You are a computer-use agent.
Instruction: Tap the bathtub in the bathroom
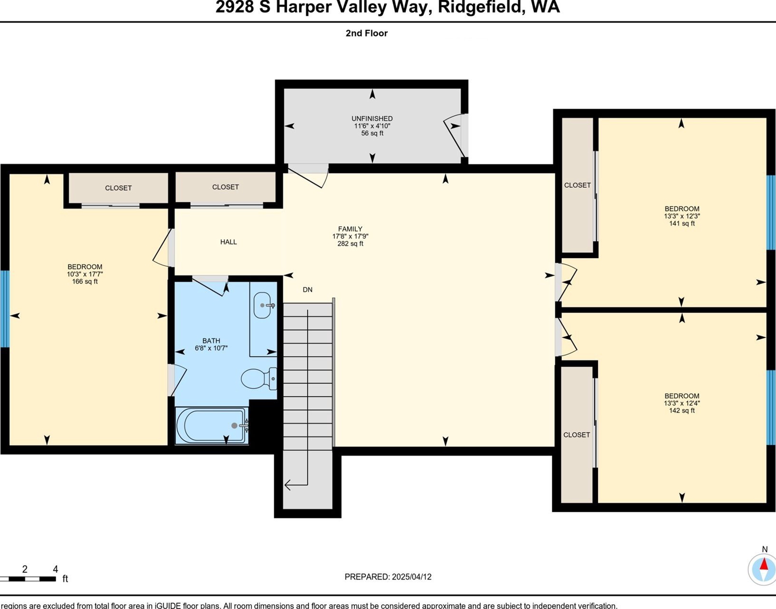point(211,425)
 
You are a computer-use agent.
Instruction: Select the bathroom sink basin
point(262,305)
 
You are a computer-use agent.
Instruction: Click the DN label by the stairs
point(308,290)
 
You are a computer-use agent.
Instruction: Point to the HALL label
point(228,242)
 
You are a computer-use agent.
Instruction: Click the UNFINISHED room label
point(372,119)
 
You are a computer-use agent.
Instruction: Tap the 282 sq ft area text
point(351,244)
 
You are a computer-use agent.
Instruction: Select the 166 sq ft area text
point(85,282)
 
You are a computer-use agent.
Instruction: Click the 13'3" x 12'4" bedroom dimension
point(682,403)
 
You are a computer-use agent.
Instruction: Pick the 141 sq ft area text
point(682,223)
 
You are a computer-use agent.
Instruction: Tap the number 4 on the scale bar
point(55,568)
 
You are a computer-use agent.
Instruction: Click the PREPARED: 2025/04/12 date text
point(388,577)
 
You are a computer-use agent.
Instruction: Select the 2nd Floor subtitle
point(367,33)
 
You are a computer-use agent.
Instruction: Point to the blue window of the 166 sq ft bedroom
point(5,309)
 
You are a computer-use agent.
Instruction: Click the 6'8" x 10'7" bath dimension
point(211,348)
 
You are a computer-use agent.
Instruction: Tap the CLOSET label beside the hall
point(225,187)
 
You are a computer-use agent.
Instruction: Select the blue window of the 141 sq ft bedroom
point(771,213)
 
